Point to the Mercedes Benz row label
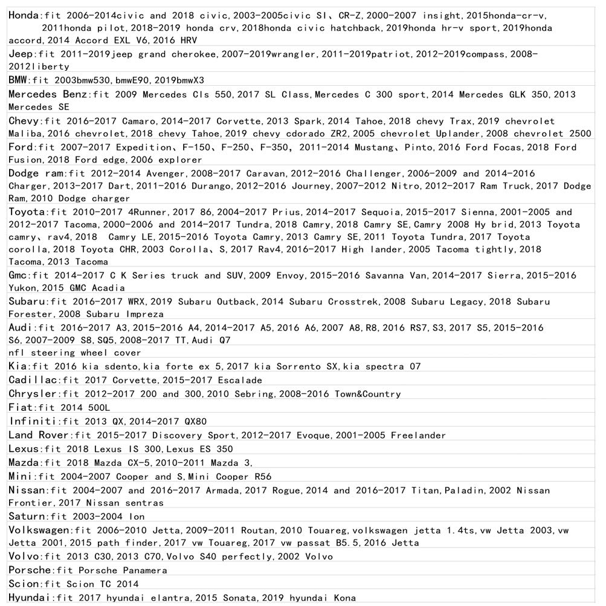click(x=48, y=94)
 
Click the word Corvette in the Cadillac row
click(x=137, y=381)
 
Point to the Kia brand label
click(x=17, y=366)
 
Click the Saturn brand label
click(x=27, y=517)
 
